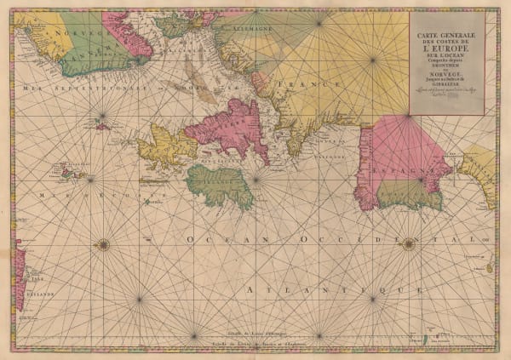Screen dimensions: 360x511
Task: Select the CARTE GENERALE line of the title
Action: click(x=447, y=33)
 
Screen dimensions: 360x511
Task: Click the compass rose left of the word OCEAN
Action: click(x=103, y=244)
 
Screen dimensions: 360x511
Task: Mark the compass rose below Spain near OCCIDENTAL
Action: click(x=409, y=244)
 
